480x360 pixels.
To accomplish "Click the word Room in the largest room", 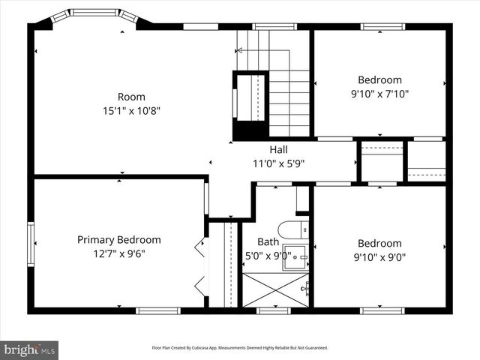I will click(131, 97).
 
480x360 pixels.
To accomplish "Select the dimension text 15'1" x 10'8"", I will click(131, 110).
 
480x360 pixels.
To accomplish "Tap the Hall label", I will click(278, 149).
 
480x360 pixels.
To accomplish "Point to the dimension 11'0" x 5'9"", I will click(278, 163).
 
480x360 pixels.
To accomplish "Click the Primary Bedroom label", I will click(119, 240).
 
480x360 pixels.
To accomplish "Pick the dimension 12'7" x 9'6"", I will click(119, 253).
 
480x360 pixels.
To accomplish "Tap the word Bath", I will click(268, 242).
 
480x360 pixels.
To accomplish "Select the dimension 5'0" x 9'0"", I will click(268, 256).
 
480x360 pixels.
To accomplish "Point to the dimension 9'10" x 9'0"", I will click(379, 257).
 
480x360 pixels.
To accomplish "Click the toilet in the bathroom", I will click(290, 229).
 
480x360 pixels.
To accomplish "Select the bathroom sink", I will click(296, 257).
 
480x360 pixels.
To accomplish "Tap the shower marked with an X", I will click(275, 289).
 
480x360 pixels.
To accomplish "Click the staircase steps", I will click(289, 97).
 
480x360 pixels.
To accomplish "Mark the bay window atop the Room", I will click(94, 14).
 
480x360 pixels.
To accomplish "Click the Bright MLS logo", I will click(30, 349).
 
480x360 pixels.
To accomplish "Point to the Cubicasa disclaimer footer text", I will click(239, 348).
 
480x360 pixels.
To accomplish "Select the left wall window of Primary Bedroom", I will click(31, 244).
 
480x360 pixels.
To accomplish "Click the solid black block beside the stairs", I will click(250, 130).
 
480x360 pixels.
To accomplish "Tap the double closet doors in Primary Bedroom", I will click(199, 264).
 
